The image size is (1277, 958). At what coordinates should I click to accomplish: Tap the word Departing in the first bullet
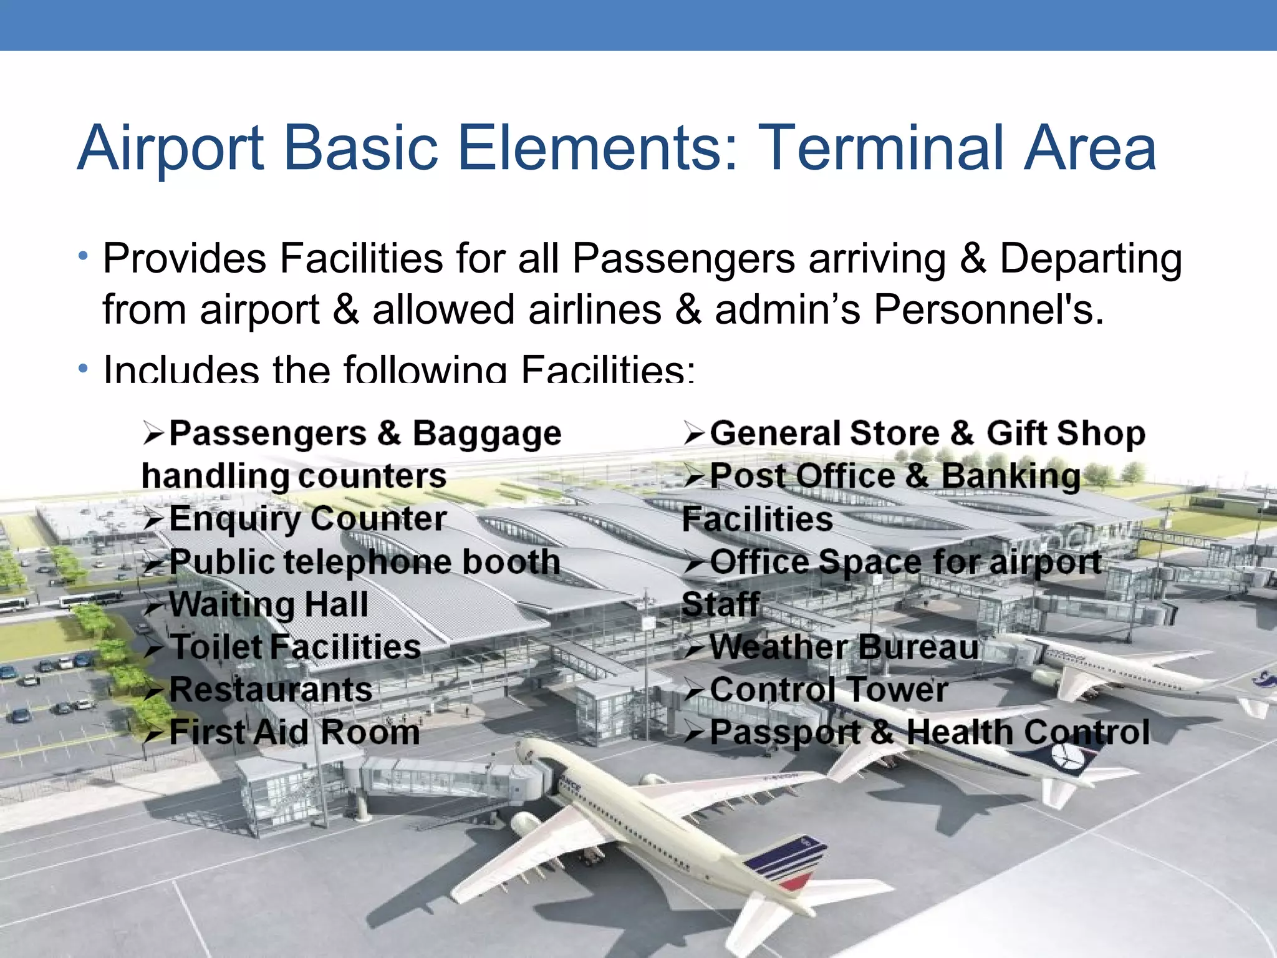pos(1091,259)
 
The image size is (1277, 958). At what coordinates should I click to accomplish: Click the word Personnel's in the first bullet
pos(988,310)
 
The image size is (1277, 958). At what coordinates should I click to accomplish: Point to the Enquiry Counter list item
pos(307,520)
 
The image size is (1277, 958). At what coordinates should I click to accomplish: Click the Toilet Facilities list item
pos(295,647)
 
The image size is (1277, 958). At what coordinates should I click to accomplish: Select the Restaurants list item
pos(271,690)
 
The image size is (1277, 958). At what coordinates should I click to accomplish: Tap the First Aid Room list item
pos(294,732)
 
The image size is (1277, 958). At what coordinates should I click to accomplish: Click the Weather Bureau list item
pos(844,647)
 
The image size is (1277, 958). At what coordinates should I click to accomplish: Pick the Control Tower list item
pos(829,690)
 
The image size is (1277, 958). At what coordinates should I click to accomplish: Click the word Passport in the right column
pos(785,733)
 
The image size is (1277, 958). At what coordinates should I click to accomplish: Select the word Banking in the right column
pos(1010,477)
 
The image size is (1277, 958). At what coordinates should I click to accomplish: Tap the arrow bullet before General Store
pos(694,433)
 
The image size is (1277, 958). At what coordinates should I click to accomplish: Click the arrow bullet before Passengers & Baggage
pos(153,433)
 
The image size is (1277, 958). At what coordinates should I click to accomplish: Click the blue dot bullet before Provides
pos(83,256)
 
